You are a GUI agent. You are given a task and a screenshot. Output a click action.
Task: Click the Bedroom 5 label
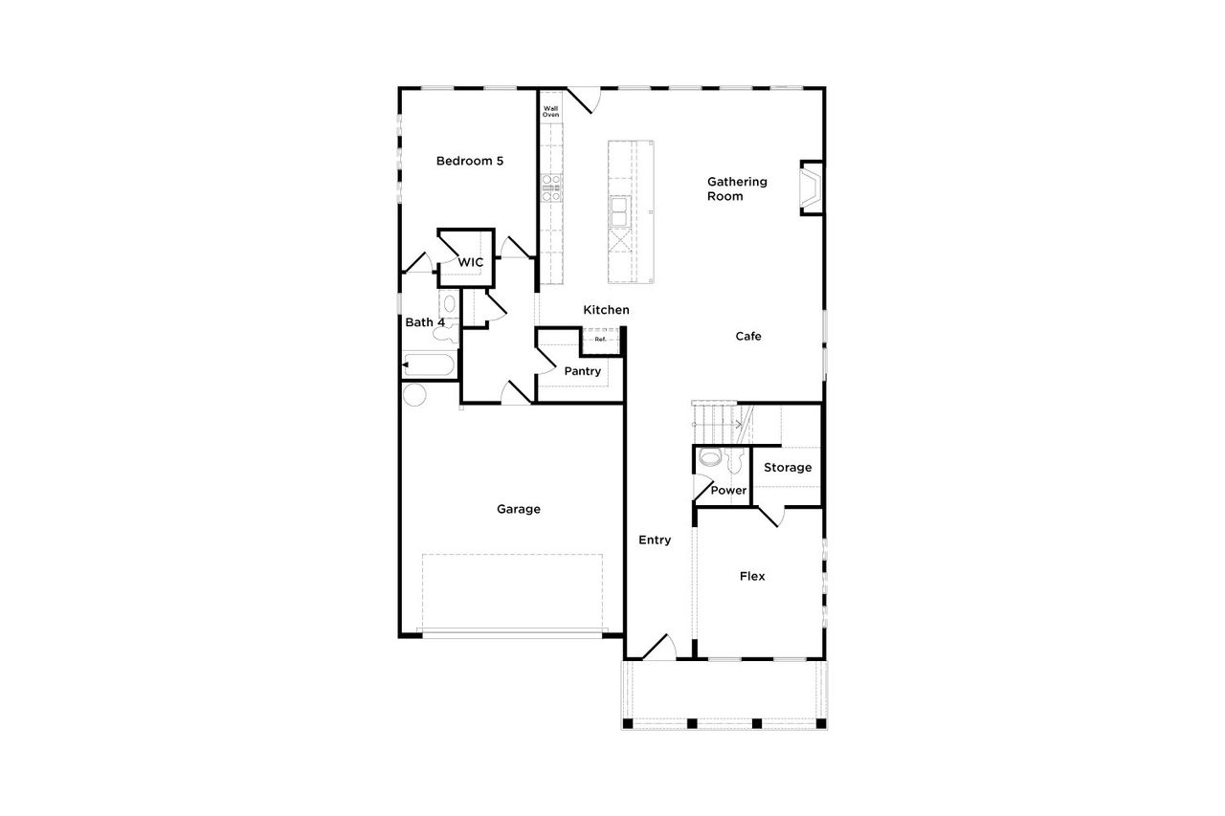pyautogui.click(x=469, y=161)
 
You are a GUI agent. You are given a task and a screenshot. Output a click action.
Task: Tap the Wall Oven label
pyautogui.click(x=551, y=112)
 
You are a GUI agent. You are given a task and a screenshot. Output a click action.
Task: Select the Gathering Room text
pyautogui.click(x=737, y=188)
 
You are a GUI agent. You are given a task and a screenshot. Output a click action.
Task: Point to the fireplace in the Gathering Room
pyautogui.click(x=811, y=188)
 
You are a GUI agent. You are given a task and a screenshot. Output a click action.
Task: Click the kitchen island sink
pyautogui.click(x=619, y=210)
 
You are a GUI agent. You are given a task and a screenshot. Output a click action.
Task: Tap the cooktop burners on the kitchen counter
pyautogui.click(x=551, y=187)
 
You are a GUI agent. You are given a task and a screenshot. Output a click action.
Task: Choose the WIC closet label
pyautogui.click(x=470, y=262)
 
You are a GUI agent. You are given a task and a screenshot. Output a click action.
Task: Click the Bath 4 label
pyautogui.click(x=424, y=322)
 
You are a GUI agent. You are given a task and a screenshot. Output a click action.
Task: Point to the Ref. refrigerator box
pyautogui.click(x=601, y=339)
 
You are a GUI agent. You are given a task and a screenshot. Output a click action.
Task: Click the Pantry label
pyautogui.click(x=582, y=371)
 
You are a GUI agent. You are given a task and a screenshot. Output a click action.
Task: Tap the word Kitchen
pyautogui.click(x=607, y=310)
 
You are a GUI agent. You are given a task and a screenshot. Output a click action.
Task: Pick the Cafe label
pyautogui.click(x=748, y=336)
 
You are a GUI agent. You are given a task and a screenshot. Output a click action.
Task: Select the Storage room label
pyautogui.click(x=788, y=468)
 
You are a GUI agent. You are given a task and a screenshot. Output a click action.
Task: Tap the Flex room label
pyautogui.click(x=752, y=576)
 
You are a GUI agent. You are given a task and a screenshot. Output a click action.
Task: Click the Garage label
pyautogui.click(x=518, y=509)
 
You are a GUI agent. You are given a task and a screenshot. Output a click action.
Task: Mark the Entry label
pyautogui.click(x=655, y=540)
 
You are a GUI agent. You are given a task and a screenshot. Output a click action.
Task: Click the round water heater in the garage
pyautogui.click(x=414, y=394)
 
